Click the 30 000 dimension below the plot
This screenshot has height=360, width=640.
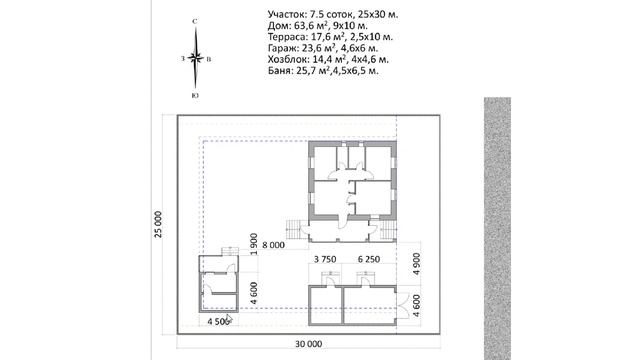[x=309, y=344]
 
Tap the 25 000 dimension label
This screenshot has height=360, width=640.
[x=158, y=224]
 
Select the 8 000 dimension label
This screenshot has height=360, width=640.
[x=273, y=245]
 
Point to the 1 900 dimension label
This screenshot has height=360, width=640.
[x=254, y=244]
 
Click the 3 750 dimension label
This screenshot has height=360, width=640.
[x=325, y=259]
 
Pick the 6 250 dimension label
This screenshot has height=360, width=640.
[x=369, y=259]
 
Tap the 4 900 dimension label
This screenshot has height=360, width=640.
[x=416, y=264]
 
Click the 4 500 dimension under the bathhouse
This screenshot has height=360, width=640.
[x=218, y=321]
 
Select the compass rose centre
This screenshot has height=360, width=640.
[x=196, y=58]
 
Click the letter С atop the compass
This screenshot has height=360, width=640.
[x=195, y=21]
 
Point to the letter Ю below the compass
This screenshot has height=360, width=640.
[x=195, y=95]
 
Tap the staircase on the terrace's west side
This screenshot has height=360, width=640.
[x=293, y=230]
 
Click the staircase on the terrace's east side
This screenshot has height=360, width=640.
[x=389, y=230]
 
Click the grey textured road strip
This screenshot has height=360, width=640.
[x=498, y=229]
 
